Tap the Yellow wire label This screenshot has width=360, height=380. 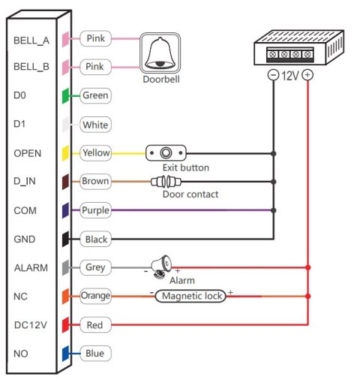click(x=95, y=152)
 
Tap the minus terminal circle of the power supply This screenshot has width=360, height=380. click(x=274, y=75)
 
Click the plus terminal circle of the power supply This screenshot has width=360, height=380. click(x=308, y=75)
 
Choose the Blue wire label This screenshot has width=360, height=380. click(x=94, y=353)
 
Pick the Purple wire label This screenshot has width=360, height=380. click(x=95, y=210)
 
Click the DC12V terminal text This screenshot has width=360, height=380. click(x=30, y=324)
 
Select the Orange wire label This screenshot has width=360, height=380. click(x=95, y=296)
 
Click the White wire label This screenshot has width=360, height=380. click(x=95, y=124)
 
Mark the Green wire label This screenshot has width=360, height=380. click(x=95, y=95)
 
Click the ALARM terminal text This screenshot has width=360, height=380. click(x=29, y=267)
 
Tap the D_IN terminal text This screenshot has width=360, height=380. click(x=26, y=182)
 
